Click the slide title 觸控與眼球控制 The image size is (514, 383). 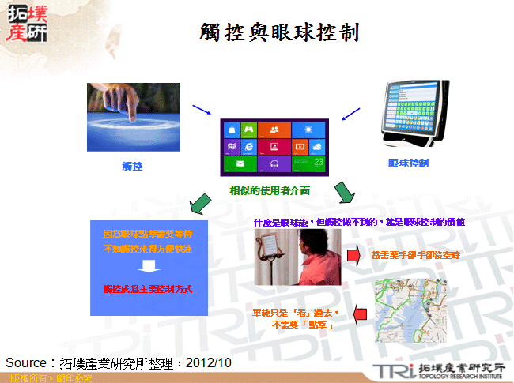pos(278,33)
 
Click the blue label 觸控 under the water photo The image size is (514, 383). pos(132,167)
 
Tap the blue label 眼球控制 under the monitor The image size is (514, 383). pos(408,163)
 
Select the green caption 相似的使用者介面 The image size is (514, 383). pos(270,190)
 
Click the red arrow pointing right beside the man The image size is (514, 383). pos(356,255)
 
